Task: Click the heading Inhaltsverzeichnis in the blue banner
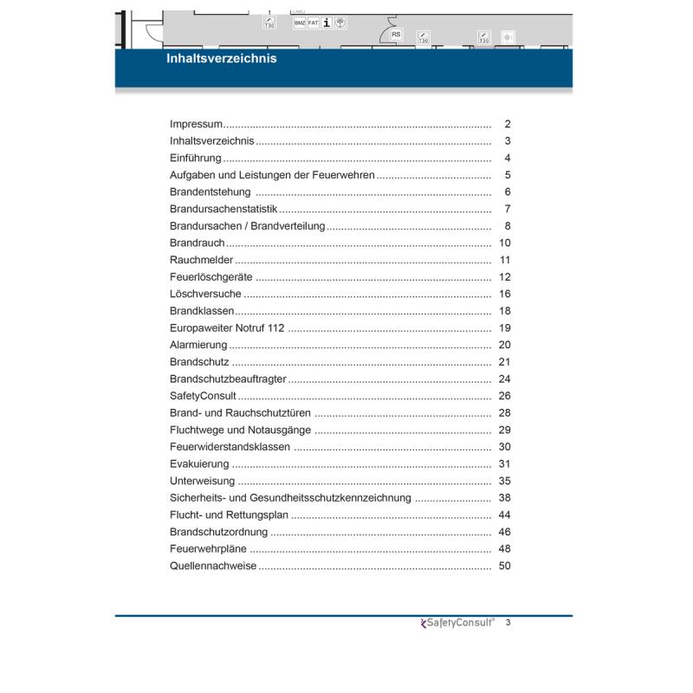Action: [x=222, y=60]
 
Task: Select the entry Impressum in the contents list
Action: [x=197, y=125]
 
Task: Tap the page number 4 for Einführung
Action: [x=508, y=159]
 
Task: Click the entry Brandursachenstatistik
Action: [x=223, y=210]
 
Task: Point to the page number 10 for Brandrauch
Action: [x=506, y=243]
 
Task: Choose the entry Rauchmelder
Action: [x=202, y=260]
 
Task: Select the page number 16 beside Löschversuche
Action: [x=506, y=295]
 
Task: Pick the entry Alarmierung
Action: [x=198, y=345]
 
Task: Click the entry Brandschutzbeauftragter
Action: [x=228, y=379]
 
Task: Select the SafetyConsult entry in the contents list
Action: [x=201, y=396]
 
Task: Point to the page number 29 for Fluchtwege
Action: [x=506, y=431]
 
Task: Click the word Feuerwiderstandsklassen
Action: [x=230, y=447]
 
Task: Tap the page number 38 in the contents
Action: [x=506, y=498]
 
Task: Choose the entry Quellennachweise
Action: [x=213, y=567]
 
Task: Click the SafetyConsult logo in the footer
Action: [x=458, y=622]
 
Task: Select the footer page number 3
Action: [x=508, y=622]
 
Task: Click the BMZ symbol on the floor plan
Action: [x=300, y=23]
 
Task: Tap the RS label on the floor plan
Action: [x=397, y=35]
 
